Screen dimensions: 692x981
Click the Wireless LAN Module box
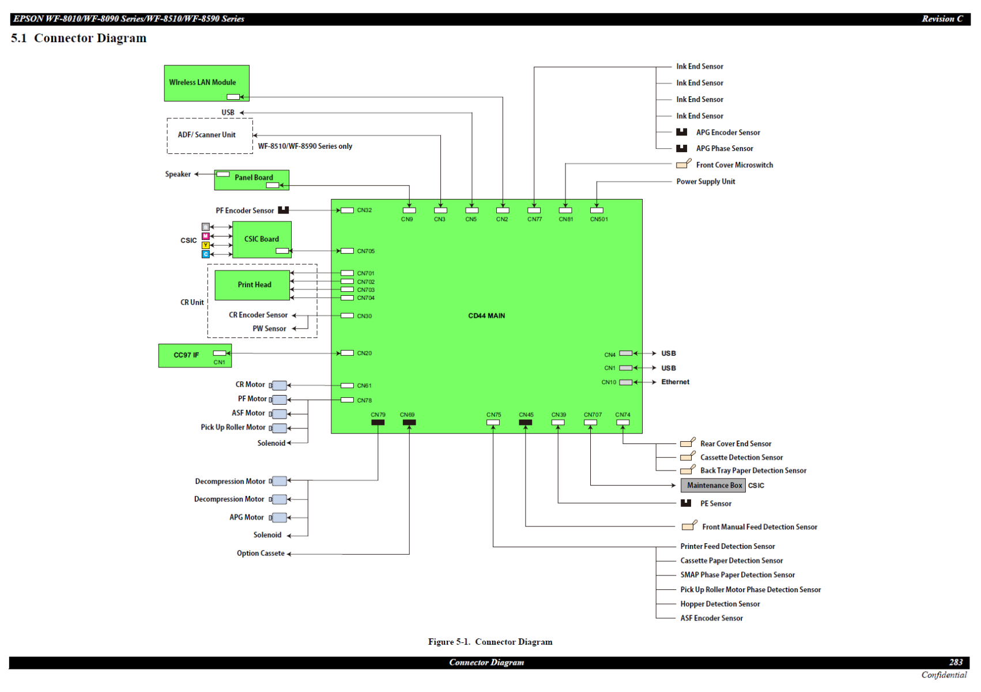(x=206, y=83)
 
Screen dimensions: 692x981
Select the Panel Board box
(x=251, y=179)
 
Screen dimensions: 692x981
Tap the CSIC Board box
(x=262, y=239)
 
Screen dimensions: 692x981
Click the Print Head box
(x=252, y=285)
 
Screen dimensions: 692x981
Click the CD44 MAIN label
(x=486, y=316)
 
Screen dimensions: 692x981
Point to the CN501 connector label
(x=599, y=219)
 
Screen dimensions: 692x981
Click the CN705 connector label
(x=365, y=251)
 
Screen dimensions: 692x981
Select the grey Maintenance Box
(x=713, y=486)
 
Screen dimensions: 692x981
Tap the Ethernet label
(x=675, y=382)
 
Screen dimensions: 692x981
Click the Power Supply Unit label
(x=705, y=182)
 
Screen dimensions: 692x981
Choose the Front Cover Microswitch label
(x=734, y=166)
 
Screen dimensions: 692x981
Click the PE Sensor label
(x=715, y=504)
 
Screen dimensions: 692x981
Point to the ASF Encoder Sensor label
(x=711, y=618)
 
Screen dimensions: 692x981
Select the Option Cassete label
(x=261, y=554)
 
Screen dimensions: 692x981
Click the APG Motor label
(x=247, y=518)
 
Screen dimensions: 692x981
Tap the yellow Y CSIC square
(x=206, y=246)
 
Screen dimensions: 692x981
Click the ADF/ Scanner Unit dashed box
(x=210, y=136)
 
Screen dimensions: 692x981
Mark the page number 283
(x=956, y=663)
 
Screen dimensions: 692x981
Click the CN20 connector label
(x=364, y=353)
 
